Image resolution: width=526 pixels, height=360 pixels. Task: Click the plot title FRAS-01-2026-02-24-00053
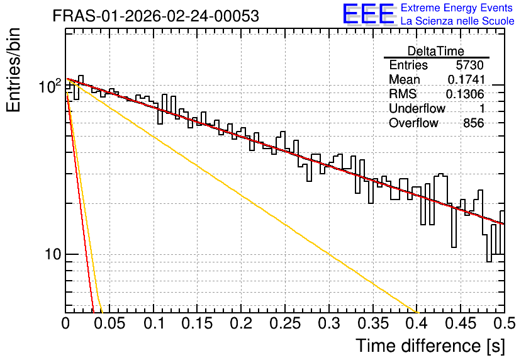point(155,16)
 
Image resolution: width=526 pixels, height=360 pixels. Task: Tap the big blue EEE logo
point(369,14)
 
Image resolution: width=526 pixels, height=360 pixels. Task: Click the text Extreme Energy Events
point(457,8)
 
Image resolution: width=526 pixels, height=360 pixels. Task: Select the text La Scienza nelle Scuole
point(457,21)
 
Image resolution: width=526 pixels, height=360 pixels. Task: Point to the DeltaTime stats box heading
point(436,51)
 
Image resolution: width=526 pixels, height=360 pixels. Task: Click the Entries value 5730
point(469,65)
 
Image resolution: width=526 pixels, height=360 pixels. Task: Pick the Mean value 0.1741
point(466,79)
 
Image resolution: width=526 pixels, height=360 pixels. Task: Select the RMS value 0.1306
point(465,94)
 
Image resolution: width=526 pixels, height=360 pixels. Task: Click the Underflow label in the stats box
point(417,108)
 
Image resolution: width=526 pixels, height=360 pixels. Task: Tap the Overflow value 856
point(474,123)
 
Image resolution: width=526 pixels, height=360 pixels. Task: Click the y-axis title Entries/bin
point(13,70)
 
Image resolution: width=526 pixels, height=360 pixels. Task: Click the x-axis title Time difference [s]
point(430,346)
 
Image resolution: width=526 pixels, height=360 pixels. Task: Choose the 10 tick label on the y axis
point(53,255)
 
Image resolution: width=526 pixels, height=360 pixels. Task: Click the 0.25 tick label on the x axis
point(285,323)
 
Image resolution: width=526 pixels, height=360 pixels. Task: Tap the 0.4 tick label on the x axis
point(417,323)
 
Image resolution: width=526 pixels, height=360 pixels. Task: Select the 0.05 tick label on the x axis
point(109,323)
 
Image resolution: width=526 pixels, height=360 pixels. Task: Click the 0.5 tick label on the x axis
point(505,323)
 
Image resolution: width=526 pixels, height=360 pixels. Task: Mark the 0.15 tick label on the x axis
point(197,323)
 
